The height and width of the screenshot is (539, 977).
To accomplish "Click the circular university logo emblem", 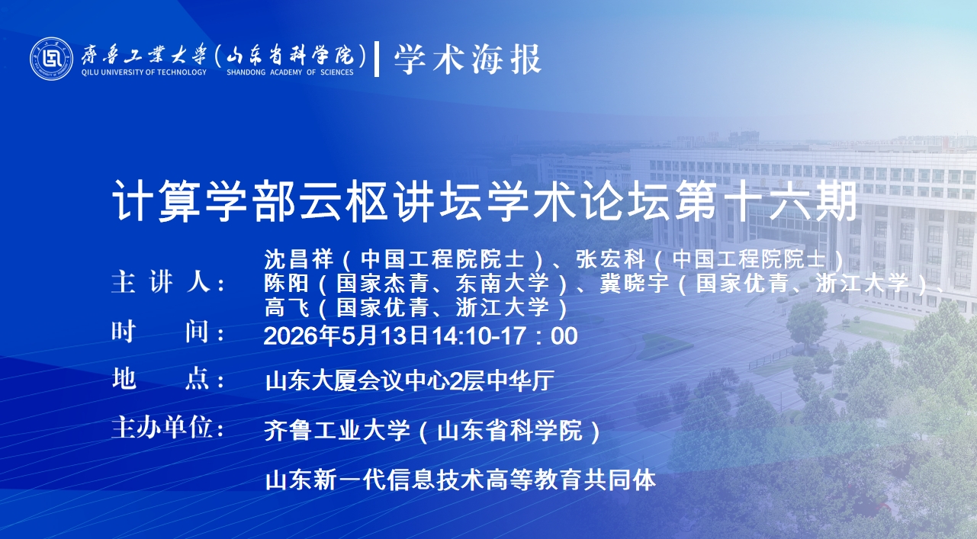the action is [x=51, y=59].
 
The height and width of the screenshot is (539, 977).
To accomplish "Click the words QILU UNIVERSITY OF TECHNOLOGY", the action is [x=144, y=72].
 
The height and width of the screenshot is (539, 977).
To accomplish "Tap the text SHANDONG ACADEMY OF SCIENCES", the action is [x=290, y=72].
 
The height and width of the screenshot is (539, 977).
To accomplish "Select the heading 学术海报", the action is [x=468, y=59].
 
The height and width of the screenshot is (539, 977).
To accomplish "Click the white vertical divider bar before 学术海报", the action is [x=377, y=59].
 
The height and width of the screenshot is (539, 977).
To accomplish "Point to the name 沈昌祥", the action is [x=299, y=259].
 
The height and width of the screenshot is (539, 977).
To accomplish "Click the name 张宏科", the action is [x=611, y=259].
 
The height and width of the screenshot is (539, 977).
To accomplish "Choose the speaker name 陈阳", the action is [x=287, y=284].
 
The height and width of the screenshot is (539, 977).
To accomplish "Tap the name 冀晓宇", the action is [x=635, y=284].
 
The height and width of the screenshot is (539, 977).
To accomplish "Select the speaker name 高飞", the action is [x=287, y=307].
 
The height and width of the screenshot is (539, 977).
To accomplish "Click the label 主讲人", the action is [x=168, y=282].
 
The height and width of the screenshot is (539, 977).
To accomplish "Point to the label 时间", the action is [x=168, y=332].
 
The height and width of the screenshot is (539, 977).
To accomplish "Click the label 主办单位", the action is [x=168, y=427].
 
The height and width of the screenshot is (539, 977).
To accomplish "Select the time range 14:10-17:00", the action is [x=505, y=335].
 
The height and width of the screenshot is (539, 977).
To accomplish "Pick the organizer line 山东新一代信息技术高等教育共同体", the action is [x=461, y=480].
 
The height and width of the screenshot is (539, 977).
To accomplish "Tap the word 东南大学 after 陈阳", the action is [x=503, y=284].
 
